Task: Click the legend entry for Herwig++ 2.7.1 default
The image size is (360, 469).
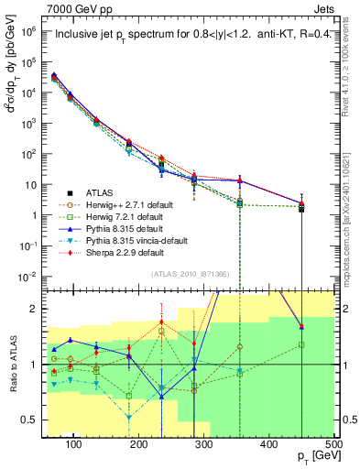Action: (x=125, y=205)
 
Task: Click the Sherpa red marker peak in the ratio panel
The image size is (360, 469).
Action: (x=162, y=322)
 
